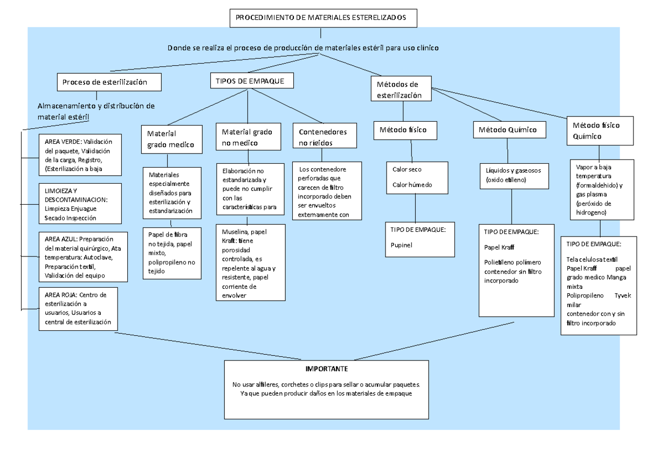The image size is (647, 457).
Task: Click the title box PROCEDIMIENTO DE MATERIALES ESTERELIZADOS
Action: [x=323, y=18]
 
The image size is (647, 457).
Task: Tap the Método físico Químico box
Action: [x=598, y=130]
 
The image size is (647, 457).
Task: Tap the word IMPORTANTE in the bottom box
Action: [x=327, y=369]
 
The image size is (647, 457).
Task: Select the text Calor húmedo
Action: [x=412, y=185]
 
